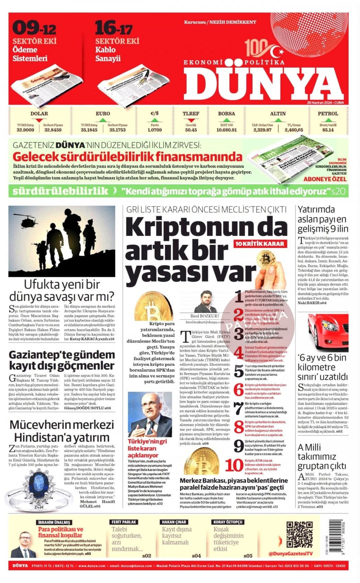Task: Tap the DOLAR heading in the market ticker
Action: (x=39, y=114)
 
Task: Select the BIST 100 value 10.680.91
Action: (x=227, y=130)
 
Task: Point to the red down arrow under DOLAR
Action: (x=39, y=120)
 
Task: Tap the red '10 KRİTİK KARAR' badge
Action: (x=260, y=243)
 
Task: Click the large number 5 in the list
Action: (x=239, y=371)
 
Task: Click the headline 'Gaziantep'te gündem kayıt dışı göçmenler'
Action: (x=61, y=360)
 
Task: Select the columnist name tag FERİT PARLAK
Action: (x=124, y=522)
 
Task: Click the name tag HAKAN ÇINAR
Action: (x=174, y=522)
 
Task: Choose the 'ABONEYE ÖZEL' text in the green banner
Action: (x=325, y=179)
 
